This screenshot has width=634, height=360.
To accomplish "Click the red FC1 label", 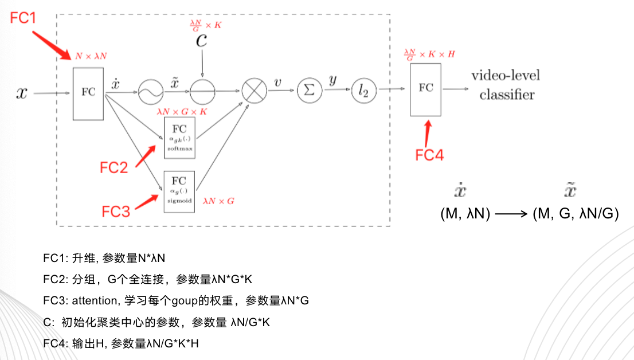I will pyautogui.click(x=24, y=18).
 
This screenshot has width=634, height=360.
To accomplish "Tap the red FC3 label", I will pyautogui.click(x=116, y=211).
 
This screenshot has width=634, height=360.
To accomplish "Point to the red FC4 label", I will pyautogui.click(x=429, y=154).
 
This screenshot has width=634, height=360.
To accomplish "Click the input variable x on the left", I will pyautogui.click(x=21, y=92).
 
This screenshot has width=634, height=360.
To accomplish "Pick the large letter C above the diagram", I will pyautogui.click(x=201, y=40).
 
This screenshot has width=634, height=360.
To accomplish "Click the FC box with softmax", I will pyautogui.click(x=179, y=137).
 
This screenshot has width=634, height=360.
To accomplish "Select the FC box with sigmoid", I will pyautogui.click(x=179, y=191).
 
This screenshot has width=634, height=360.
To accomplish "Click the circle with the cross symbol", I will pyautogui.click(x=253, y=91).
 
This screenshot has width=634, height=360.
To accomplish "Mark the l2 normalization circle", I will pyautogui.click(x=363, y=91).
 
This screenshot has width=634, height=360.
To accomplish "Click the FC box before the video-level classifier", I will pyautogui.click(x=426, y=89).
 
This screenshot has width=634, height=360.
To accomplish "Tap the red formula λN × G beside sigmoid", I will pyautogui.click(x=218, y=201).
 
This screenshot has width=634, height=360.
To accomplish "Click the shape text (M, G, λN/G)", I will pyautogui.click(x=576, y=214).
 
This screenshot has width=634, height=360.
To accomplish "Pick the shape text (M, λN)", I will pyautogui.click(x=465, y=214).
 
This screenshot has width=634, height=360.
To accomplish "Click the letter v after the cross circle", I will pyautogui.click(x=277, y=83).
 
